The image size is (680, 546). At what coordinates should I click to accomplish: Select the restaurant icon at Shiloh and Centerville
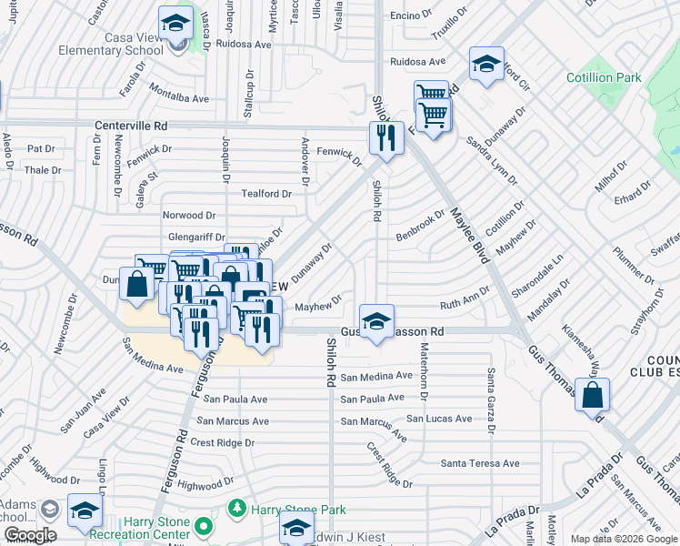386,137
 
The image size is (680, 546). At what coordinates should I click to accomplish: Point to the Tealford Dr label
265,194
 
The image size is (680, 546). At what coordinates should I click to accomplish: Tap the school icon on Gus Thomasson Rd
376,320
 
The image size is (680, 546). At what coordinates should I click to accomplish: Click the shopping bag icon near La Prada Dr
591,395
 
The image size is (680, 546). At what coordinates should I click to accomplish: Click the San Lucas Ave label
439,419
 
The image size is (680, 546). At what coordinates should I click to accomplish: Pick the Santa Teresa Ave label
480,463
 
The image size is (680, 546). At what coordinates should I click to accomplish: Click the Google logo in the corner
30,535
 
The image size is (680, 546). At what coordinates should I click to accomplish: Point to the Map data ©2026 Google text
623,539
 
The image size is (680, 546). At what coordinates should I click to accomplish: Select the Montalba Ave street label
179,98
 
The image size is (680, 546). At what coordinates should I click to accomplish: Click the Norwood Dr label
188,216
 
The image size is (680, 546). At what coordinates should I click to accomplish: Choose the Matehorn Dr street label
423,369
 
